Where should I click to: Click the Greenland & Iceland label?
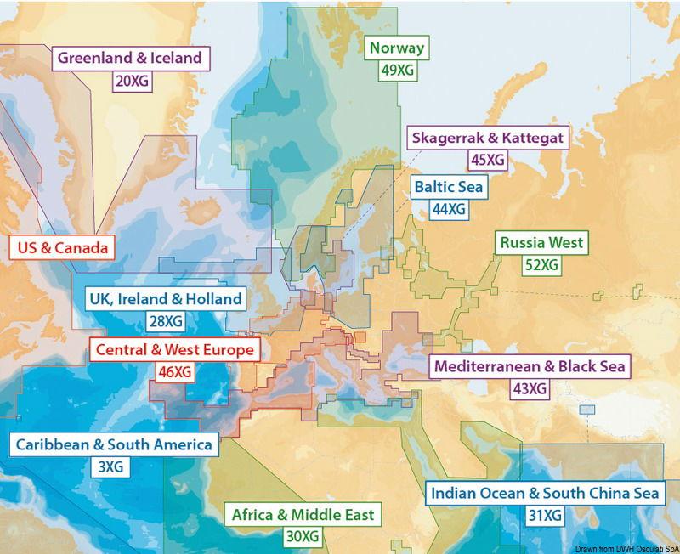click(x=130, y=59)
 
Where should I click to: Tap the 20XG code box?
click(x=130, y=82)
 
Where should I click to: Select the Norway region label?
click(x=397, y=48)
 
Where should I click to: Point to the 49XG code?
click(x=397, y=71)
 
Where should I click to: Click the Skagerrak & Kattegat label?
click(x=487, y=137)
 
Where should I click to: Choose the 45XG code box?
click(x=487, y=160)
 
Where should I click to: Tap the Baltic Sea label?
click(x=448, y=186)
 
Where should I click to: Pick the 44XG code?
click(x=448, y=209)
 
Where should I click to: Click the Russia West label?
click(x=541, y=243)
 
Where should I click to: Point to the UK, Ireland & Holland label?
click(x=166, y=299)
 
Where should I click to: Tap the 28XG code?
click(x=166, y=322)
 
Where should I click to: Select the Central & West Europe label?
click(x=174, y=349)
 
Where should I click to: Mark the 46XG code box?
click(x=174, y=371)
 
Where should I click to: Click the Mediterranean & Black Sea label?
click(x=530, y=367)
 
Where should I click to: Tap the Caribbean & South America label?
click(x=113, y=445)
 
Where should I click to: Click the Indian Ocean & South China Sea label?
click(x=545, y=493)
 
